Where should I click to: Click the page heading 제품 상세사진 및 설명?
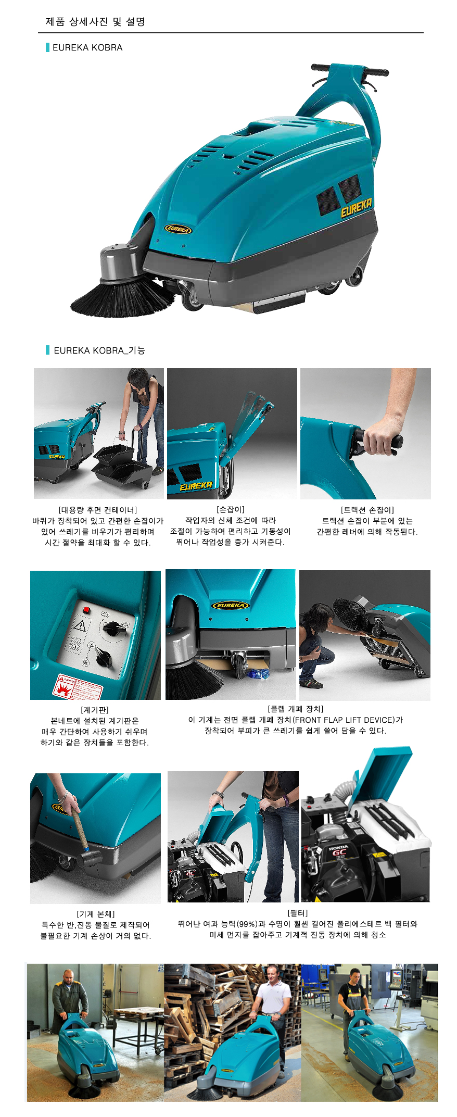(95, 22)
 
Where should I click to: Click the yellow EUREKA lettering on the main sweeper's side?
(357, 208)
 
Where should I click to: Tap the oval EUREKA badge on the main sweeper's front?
(179, 229)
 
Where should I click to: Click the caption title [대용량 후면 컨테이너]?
(98, 510)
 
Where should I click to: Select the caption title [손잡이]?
(231, 509)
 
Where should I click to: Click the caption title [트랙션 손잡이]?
(367, 510)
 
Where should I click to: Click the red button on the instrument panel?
(87, 610)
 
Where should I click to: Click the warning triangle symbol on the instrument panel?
(80, 626)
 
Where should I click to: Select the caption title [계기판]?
(95, 710)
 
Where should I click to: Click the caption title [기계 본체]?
(96, 914)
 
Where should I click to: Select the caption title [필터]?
(298, 913)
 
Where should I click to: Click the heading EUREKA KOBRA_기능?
(99, 350)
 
